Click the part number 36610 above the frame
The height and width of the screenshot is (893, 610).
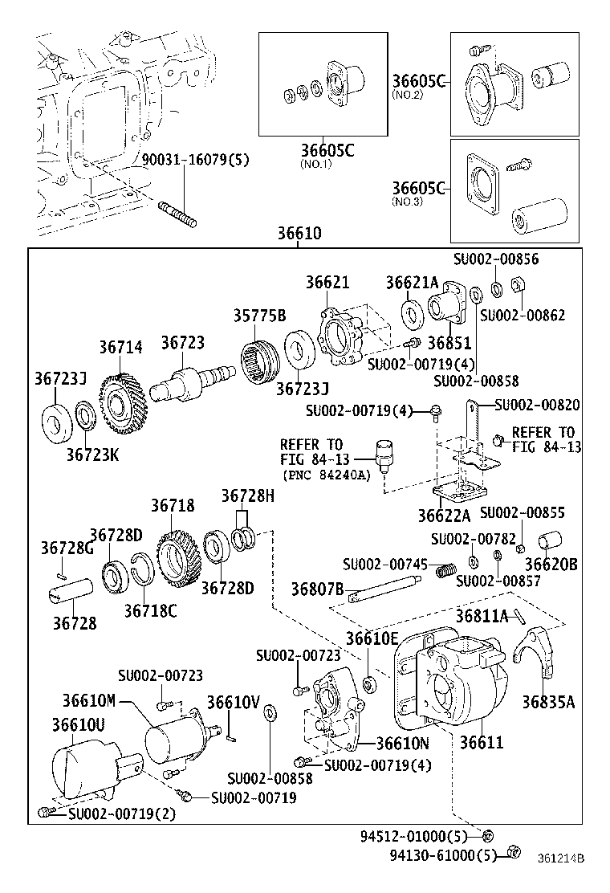tap(299, 234)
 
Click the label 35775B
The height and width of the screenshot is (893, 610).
tap(259, 316)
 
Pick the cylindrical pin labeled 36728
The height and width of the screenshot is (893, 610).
tap(70, 599)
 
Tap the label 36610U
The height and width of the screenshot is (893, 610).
tap(78, 724)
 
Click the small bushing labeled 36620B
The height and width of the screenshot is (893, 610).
tap(551, 542)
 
